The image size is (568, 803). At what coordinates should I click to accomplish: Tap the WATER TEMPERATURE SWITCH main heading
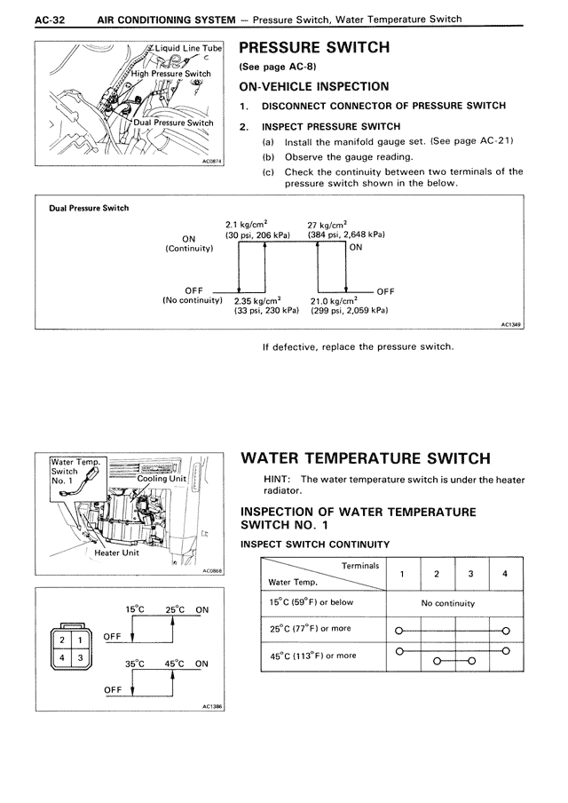tap(366, 458)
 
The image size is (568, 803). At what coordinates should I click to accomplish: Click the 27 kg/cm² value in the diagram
tap(327, 226)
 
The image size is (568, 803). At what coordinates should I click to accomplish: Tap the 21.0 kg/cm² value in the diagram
tap(333, 300)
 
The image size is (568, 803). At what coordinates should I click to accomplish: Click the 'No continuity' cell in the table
tap(447, 603)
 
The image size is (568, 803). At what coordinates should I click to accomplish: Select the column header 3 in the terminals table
tap(471, 573)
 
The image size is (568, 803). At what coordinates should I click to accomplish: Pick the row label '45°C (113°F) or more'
tap(312, 656)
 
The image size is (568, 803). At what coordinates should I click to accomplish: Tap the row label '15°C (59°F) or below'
tap(312, 603)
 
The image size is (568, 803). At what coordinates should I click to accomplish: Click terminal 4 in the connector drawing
tap(63, 658)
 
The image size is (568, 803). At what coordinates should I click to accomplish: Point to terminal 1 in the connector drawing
tap(79, 640)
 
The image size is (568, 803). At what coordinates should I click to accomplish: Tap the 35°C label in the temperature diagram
tap(134, 664)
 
